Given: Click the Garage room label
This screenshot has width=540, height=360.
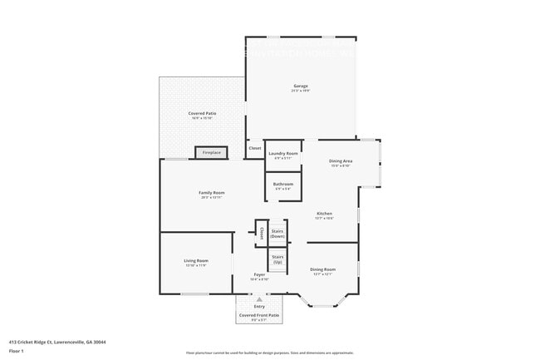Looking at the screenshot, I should tap(300, 86).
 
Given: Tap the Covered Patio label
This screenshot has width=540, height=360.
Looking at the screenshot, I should tap(202, 114).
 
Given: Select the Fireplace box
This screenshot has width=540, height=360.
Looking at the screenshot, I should tap(212, 152).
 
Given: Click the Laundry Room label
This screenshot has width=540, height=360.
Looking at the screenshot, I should tap(283, 154).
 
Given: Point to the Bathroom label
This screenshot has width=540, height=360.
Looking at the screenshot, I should tap(283, 184).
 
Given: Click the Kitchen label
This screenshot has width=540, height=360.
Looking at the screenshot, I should tap(324, 214).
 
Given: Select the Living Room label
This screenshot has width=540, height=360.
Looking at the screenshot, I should tap(196, 261).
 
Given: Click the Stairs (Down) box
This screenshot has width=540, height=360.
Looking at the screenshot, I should tap(277, 234).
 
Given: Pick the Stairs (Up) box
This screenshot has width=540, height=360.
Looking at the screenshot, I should tap(277, 259).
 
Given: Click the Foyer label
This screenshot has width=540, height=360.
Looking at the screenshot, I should tap(260, 274).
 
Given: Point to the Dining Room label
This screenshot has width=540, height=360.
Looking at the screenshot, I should tap(322, 269).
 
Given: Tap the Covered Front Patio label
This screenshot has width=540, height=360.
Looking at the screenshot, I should tap(259, 315).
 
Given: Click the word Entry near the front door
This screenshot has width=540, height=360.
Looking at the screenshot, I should tap(259, 307).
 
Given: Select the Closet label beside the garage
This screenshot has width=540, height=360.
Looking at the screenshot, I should tap(254, 149).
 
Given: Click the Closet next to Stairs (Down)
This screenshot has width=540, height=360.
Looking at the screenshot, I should tap(261, 233).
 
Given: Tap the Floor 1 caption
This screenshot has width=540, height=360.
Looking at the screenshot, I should tap(17, 351).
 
